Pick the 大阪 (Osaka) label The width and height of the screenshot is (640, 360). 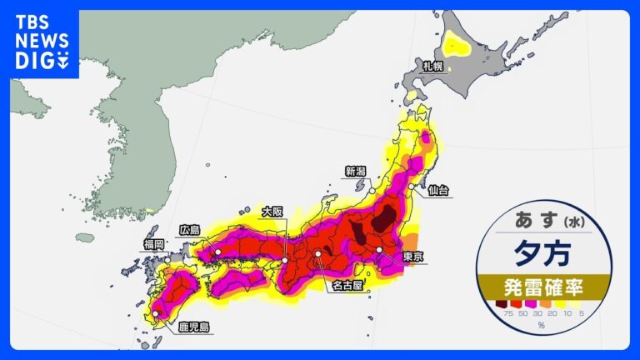coord(272,212)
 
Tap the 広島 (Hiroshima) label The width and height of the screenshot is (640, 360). coord(190,229)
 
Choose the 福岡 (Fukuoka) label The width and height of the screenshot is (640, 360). coord(154,243)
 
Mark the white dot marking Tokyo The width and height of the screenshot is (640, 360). coord(380,250)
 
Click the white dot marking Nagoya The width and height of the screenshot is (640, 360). coord(317,253)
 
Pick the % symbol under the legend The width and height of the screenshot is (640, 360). coord(541,325)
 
